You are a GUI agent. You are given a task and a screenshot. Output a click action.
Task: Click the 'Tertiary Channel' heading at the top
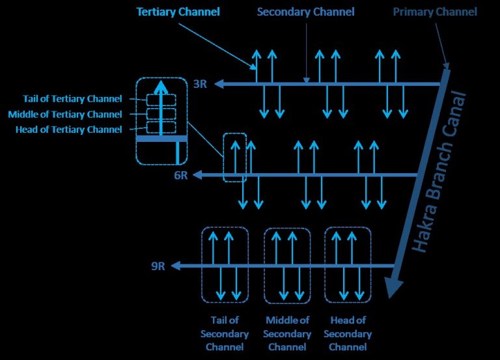(x=178, y=12)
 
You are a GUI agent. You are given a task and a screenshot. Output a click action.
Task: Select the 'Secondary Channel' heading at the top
(x=305, y=12)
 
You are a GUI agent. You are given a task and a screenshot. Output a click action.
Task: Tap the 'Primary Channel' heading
(x=435, y=12)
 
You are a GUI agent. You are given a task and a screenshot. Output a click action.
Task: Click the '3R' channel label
(x=201, y=84)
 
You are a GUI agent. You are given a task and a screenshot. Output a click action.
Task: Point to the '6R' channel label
(x=181, y=175)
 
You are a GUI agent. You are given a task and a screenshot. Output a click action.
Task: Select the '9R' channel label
(x=158, y=266)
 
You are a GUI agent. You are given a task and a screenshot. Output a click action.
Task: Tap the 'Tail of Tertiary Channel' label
(x=72, y=99)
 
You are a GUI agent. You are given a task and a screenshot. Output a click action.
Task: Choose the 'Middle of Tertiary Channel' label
(x=65, y=114)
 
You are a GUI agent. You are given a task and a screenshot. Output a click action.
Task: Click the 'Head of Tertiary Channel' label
(x=69, y=130)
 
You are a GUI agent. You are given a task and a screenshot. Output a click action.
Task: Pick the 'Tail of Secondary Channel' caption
(x=225, y=333)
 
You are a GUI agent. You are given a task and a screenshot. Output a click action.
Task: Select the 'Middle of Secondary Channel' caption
(x=287, y=333)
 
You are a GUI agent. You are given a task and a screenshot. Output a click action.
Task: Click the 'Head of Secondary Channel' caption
(x=348, y=333)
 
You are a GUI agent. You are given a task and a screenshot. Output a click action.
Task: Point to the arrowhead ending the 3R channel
(x=219, y=84)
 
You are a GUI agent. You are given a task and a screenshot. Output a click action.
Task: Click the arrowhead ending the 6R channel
(x=197, y=174)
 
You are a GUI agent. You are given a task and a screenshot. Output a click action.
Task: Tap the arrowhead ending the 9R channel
(x=176, y=266)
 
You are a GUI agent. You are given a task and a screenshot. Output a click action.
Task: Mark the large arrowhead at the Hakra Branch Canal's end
(x=393, y=287)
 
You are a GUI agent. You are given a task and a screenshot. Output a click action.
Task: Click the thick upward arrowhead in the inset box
(x=161, y=87)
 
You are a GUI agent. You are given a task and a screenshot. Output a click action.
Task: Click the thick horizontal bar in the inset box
(x=161, y=139)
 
